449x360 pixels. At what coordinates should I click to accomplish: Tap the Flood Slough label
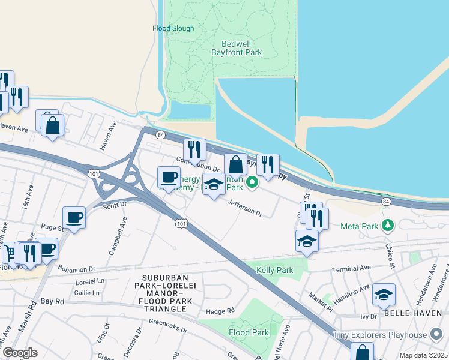click(173, 28)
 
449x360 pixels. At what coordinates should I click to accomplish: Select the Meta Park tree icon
click(388, 226)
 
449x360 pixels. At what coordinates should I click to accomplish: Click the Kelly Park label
click(274, 271)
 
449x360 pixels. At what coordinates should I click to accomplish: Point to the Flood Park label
click(249, 332)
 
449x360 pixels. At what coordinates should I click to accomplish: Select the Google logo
click(20, 352)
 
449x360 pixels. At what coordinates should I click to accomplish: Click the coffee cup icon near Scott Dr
click(74, 217)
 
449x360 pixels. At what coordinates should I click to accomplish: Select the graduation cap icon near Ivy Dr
click(384, 294)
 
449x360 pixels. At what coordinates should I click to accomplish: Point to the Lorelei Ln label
click(90, 281)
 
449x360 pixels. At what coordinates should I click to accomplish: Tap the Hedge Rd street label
click(219, 311)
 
